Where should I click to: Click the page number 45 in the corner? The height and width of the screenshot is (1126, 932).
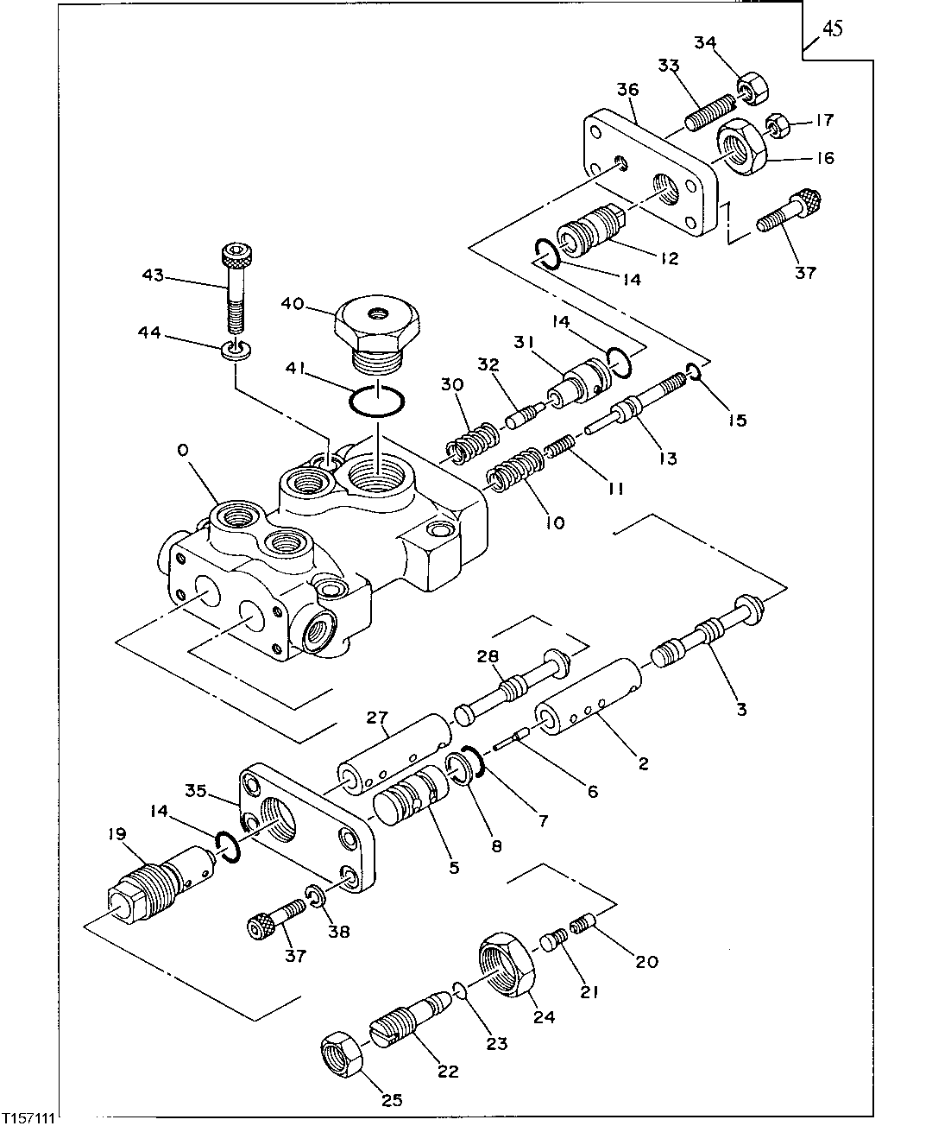tap(832, 29)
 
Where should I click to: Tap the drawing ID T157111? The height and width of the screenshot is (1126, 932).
tap(28, 1117)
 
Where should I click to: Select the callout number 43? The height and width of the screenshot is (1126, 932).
tap(153, 275)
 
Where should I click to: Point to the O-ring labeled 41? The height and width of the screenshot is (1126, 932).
tap(376, 402)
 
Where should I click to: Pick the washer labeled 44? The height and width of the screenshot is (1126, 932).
tap(233, 351)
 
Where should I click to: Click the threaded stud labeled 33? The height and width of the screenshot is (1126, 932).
tap(709, 114)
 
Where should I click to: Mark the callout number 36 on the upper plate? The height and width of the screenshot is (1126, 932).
tap(627, 90)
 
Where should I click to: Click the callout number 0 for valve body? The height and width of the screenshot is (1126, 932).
tap(182, 450)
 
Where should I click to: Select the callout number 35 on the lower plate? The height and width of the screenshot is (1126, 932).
tap(196, 788)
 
